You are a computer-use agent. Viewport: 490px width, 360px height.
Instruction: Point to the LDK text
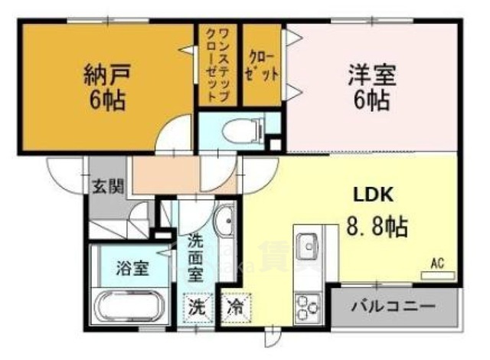click(x=372, y=195)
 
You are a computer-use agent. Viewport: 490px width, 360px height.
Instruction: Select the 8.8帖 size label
click(x=375, y=226)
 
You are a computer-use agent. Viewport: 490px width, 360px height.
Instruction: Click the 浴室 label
click(x=131, y=269)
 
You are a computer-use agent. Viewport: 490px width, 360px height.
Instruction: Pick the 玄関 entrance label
click(x=106, y=186)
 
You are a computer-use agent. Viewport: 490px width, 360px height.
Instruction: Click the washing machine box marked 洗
click(x=197, y=310)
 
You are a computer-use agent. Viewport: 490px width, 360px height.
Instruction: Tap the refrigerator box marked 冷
click(x=234, y=310)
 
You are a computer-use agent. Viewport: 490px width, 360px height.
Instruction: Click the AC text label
click(x=437, y=263)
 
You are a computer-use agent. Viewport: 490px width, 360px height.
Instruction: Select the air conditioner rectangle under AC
click(x=437, y=274)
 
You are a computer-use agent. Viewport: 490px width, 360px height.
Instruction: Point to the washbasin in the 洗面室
click(x=225, y=224)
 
